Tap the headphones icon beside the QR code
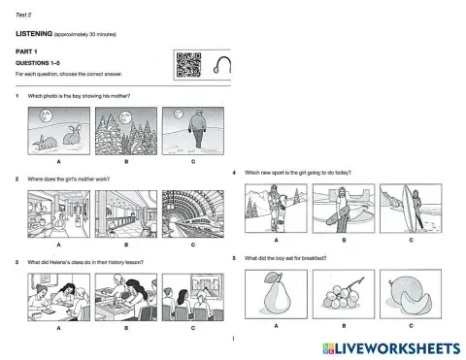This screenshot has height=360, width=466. point(223,66)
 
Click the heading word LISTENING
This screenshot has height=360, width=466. point(39,33)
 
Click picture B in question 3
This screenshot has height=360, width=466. point(124,296)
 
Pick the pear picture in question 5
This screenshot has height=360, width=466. point(276,292)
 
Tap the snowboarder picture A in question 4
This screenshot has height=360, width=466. point(276,209)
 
